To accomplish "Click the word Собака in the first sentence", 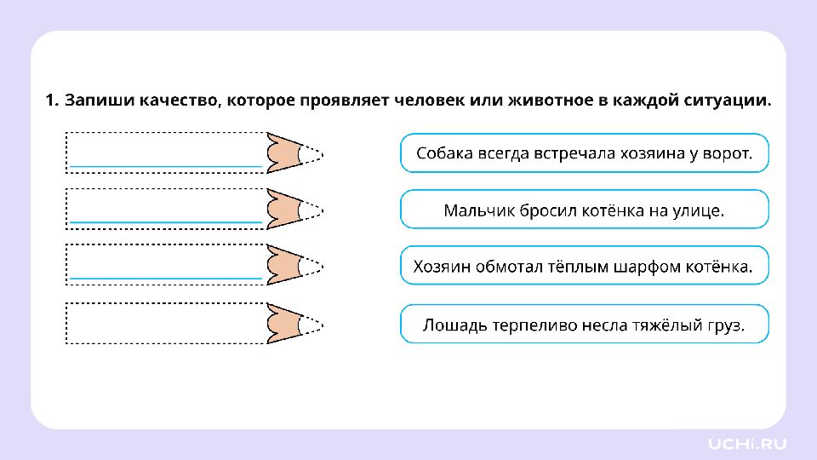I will [441, 153].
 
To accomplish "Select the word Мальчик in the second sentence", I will [473, 210].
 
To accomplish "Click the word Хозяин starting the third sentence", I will [441, 267].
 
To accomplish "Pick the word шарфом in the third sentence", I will [643, 267].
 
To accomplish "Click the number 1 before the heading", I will [50, 101].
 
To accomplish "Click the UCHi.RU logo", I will [746, 444].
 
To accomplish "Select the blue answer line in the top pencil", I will [166, 166].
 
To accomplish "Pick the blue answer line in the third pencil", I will [166, 279].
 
